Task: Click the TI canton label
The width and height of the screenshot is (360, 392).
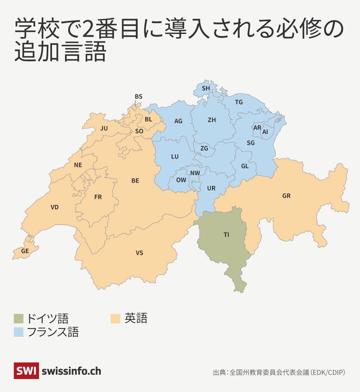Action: click(226, 235)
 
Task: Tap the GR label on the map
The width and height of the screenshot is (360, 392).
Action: click(286, 196)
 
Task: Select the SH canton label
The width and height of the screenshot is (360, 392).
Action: click(206, 88)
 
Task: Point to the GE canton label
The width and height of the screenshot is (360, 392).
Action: click(25, 251)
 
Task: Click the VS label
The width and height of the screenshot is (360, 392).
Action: click(139, 253)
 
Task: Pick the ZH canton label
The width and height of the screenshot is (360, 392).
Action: click(212, 120)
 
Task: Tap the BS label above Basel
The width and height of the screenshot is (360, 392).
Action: click(138, 97)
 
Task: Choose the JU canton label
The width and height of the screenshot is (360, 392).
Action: click(104, 128)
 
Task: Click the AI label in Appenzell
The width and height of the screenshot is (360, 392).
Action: click(265, 132)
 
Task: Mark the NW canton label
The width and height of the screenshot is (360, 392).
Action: click(195, 173)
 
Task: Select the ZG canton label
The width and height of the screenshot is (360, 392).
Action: click(204, 148)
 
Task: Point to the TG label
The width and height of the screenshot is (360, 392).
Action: click(239, 102)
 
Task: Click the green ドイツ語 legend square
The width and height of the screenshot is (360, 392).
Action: click(19, 318)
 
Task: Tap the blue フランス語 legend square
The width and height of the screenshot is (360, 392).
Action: click(19, 332)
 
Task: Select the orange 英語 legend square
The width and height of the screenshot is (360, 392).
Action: click(115, 318)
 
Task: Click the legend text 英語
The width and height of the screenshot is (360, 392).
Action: click(136, 318)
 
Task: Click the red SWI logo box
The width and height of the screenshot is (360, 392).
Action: click(26, 371)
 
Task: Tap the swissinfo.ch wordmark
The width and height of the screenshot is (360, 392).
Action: click(71, 371)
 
